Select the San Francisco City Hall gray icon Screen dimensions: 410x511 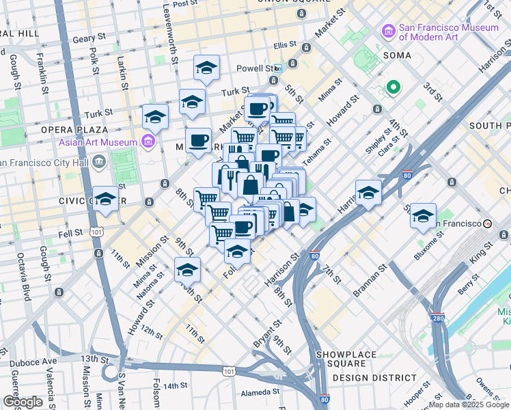click(99, 162)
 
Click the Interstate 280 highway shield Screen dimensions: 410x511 click(437, 318)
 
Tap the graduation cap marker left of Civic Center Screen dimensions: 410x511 click(106, 198)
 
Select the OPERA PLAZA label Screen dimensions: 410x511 click(83, 129)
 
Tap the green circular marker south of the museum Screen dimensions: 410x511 click(393, 87)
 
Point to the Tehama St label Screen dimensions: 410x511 click(317, 152)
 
